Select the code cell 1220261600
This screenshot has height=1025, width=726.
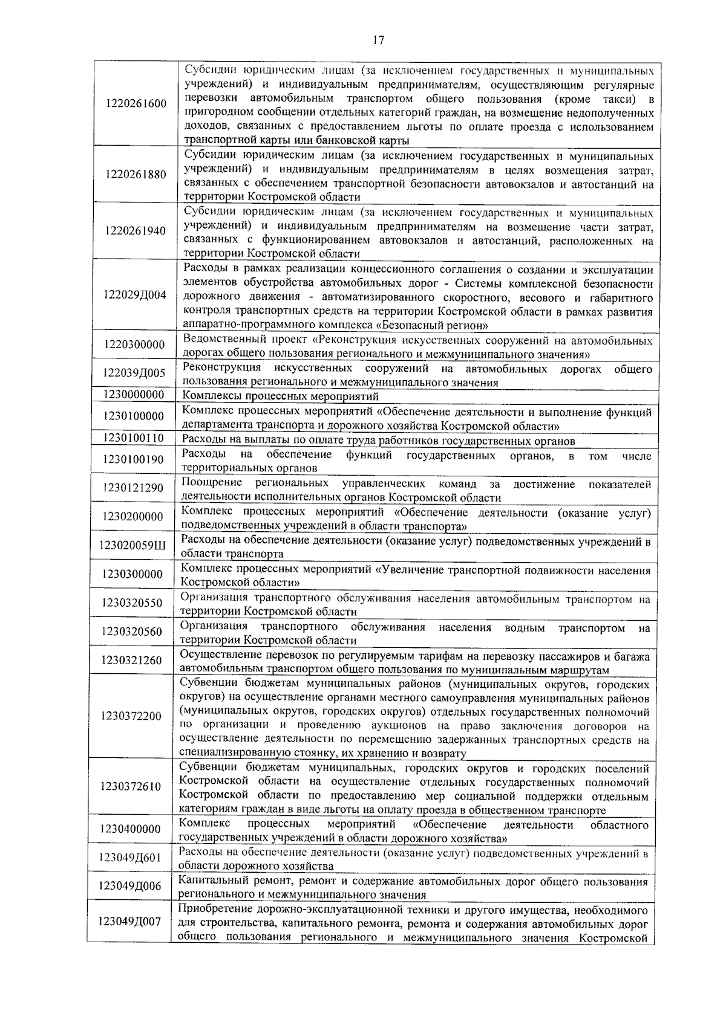136,103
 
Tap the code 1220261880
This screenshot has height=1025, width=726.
136,175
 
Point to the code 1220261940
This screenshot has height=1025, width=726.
136,231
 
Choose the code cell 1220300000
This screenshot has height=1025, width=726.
134,345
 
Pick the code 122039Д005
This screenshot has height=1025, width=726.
134,373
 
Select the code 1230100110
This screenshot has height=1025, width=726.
134,438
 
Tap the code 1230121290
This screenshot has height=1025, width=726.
134,488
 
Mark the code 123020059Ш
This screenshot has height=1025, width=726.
133,546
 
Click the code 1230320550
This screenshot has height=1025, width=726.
133,603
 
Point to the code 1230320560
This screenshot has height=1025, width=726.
133,632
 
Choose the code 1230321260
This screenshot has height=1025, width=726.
132,660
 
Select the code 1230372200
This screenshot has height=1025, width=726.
132,716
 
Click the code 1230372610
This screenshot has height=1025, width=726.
132,786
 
